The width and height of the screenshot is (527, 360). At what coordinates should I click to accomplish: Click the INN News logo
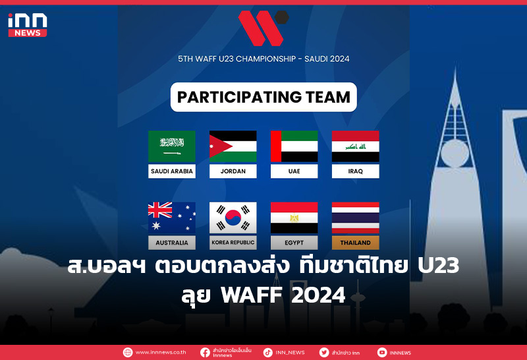tap(27, 24)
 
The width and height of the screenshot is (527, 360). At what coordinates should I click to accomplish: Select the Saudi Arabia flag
tap(172, 146)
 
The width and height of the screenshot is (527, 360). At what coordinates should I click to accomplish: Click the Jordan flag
tap(233, 146)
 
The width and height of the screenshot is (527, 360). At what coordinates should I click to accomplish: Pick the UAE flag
tap(294, 146)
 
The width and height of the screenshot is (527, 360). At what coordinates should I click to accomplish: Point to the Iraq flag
tap(355, 146)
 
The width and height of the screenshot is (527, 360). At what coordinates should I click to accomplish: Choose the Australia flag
tap(172, 218)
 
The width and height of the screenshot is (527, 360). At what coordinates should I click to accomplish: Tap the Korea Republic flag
tap(233, 218)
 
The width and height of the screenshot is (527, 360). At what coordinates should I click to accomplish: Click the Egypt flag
tap(294, 218)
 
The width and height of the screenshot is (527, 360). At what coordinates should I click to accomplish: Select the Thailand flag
tap(355, 218)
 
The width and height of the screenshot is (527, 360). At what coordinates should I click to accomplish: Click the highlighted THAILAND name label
tap(355, 243)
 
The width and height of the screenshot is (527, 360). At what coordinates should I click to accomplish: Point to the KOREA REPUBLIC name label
tap(233, 243)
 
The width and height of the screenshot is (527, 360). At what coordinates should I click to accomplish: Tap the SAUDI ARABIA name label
tap(172, 171)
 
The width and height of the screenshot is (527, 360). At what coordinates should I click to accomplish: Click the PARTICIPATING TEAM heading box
tap(263, 97)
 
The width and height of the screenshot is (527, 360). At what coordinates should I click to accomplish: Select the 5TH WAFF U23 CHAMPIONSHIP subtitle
tap(263, 59)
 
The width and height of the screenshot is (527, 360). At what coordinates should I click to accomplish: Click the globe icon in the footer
tap(128, 352)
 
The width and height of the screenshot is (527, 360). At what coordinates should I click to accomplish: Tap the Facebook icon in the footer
tap(206, 352)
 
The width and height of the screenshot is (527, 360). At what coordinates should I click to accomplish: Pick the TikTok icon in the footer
tap(267, 352)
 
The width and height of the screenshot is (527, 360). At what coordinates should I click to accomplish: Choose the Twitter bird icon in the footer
tap(324, 352)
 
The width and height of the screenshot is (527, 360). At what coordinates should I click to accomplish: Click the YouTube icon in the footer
tap(382, 352)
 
